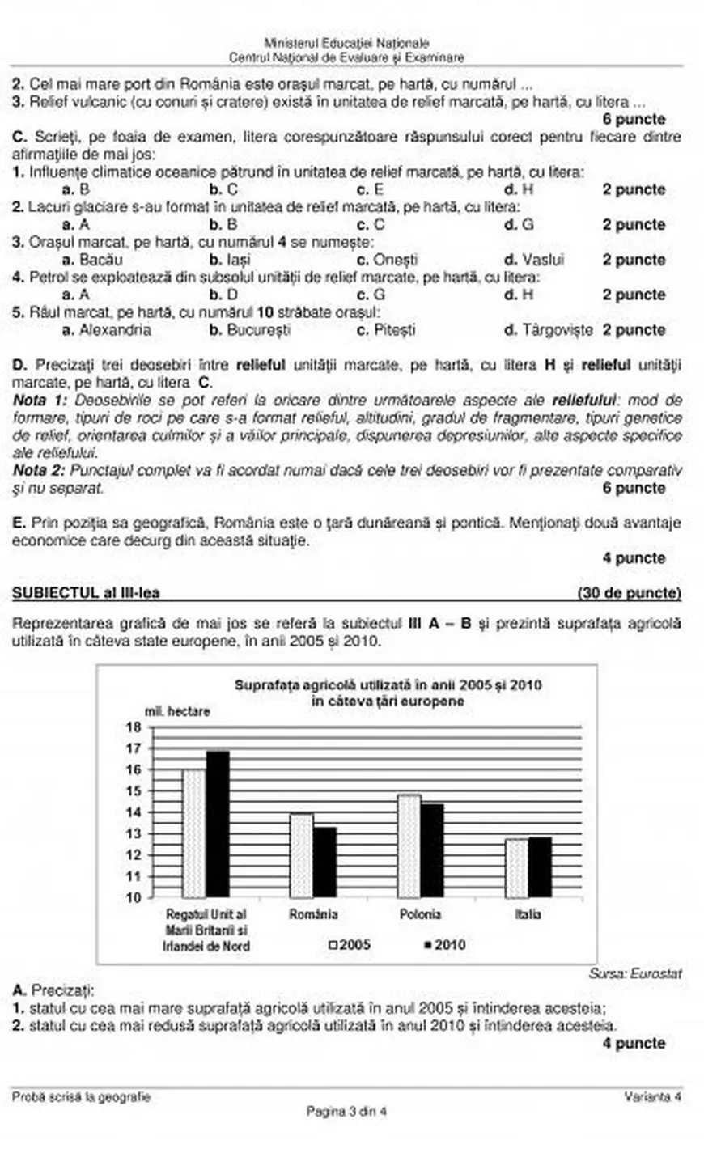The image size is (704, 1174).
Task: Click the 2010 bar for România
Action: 324,862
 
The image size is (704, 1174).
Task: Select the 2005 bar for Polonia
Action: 409,846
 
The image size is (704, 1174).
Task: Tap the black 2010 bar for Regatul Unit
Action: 218,824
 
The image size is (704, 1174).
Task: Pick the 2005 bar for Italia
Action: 516,868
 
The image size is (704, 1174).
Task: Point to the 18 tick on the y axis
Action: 134,727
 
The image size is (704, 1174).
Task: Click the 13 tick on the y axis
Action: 134,833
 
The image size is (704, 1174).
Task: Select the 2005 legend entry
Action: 350,944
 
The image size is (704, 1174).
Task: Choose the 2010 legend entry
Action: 444,944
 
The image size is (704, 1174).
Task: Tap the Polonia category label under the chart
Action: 420,914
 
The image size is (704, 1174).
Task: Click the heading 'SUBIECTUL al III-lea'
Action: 86,593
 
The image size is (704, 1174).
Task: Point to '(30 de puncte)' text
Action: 629,593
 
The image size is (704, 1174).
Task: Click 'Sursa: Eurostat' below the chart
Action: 634,973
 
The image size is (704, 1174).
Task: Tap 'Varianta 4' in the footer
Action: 652,1097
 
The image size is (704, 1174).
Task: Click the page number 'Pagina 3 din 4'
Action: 346,1112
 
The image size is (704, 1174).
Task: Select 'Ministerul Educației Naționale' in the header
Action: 346,43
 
